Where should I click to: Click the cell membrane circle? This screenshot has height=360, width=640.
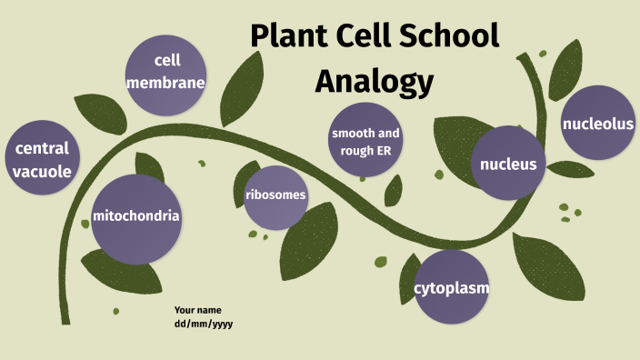(166, 72)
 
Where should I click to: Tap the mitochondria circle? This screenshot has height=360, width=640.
(135, 217)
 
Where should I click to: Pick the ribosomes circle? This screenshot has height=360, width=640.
(275, 195)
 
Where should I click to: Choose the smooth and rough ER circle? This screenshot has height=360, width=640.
(365, 142)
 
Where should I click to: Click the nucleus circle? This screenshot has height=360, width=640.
(509, 165)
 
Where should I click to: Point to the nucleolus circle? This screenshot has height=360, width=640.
(597, 125)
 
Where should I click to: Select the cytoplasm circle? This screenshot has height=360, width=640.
(452, 288)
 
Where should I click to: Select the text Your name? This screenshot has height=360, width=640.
(198, 311)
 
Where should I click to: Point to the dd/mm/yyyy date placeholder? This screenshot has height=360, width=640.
(204, 324)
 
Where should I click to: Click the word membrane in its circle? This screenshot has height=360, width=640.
(166, 83)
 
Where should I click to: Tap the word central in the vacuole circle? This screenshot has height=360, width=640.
(42, 148)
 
